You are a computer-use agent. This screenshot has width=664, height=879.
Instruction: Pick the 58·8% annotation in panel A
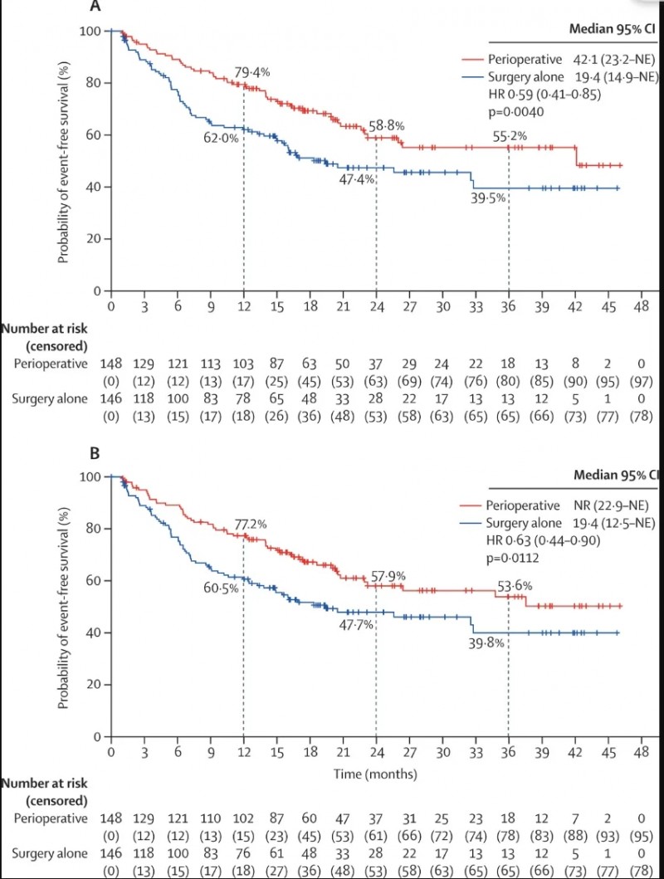coord(387,126)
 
